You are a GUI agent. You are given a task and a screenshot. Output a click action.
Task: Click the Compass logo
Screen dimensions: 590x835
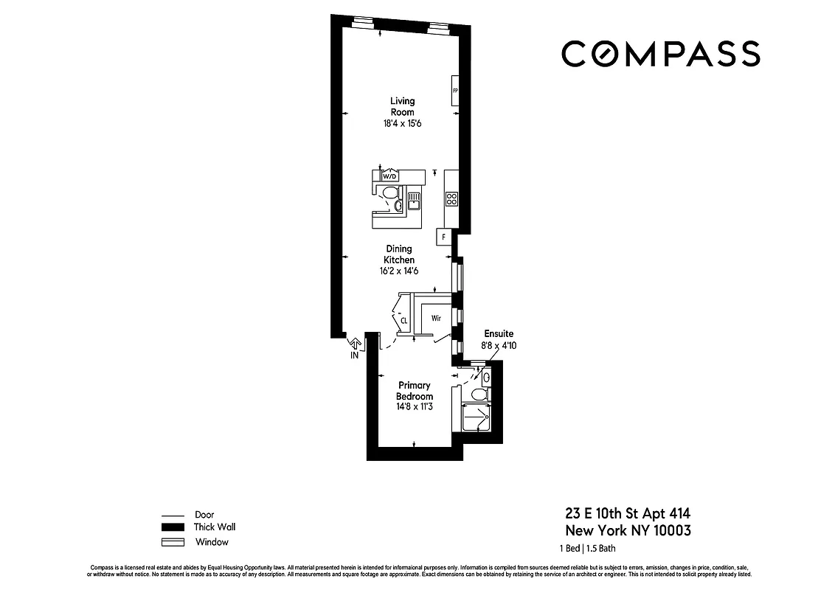click(660, 54)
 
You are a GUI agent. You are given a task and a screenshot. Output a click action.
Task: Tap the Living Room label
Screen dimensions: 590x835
click(403, 106)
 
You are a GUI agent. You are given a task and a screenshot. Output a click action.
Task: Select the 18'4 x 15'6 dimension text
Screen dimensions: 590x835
click(403, 125)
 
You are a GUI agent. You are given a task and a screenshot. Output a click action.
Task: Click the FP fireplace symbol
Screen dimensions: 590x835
click(455, 91)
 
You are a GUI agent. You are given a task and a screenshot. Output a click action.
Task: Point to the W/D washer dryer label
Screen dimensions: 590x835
click(389, 176)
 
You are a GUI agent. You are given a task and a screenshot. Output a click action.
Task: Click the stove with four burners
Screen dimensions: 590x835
click(451, 198)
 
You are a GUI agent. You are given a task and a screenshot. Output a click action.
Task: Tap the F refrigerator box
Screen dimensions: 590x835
click(444, 237)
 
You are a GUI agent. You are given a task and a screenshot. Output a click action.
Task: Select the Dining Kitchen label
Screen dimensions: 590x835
click(398, 254)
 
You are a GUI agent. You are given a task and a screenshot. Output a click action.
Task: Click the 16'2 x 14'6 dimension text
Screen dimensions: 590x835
click(398, 271)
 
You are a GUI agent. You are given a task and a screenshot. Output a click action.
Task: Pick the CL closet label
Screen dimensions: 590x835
click(404, 321)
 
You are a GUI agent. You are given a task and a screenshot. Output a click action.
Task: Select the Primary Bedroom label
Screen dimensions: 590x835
click(415, 391)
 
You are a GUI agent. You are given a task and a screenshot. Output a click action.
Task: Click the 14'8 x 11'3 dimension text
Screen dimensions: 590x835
click(415, 406)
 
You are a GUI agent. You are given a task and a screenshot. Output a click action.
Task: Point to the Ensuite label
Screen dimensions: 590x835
click(499, 333)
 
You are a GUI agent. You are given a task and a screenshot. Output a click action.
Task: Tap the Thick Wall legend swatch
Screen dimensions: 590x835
click(172, 527)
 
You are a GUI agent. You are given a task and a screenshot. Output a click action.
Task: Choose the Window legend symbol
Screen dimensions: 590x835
click(172, 542)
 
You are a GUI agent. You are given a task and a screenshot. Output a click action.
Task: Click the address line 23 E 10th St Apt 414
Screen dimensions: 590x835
click(628, 513)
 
